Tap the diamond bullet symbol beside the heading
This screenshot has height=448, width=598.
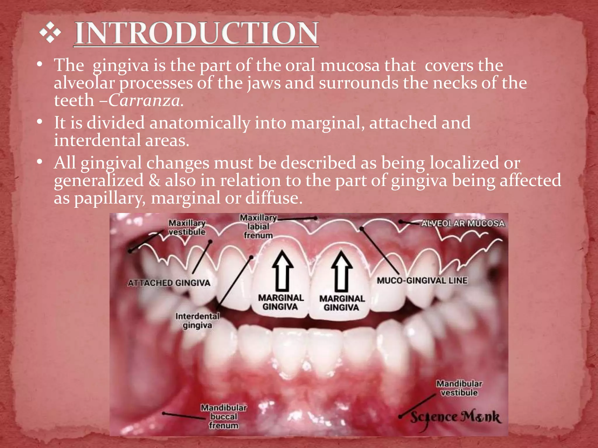[50, 33]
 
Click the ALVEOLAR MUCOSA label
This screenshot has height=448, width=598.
[463, 223]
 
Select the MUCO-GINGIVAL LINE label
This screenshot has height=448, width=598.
[422, 281]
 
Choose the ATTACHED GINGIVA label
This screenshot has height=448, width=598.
[169, 283]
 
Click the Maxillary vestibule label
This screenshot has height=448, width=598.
[187, 228]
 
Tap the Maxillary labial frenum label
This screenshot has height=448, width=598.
[258, 227]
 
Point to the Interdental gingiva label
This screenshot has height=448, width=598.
[197, 321]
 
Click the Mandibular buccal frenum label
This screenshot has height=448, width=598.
[224, 416]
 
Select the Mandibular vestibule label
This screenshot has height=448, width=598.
[459, 388]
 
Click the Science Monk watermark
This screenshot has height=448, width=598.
[456, 417]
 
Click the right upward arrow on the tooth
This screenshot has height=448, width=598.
[341, 271]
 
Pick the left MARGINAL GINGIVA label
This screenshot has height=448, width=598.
[281, 302]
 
